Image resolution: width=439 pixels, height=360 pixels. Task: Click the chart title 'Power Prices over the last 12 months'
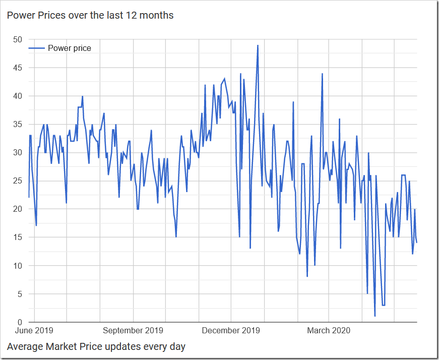(x=90, y=16)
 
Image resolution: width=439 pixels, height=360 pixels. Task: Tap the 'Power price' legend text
(x=70, y=48)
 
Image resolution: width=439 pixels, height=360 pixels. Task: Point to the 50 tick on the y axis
(x=17, y=39)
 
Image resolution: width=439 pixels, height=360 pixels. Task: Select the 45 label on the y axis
(x=17, y=68)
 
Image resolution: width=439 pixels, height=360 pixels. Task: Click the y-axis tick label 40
(x=17, y=96)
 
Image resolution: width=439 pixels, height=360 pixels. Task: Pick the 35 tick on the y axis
(x=17, y=124)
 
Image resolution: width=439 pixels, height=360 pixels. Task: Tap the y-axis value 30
(x=17, y=152)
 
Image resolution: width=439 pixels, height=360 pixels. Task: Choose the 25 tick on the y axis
(x=17, y=181)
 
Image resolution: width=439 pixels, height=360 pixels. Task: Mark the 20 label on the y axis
(x=17, y=209)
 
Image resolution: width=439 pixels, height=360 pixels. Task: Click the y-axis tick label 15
(x=17, y=237)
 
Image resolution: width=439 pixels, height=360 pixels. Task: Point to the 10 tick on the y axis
(x=17, y=266)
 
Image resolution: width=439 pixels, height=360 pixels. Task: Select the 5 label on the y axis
(x=19, y=294)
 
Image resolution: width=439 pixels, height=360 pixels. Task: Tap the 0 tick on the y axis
(x=19, y=322)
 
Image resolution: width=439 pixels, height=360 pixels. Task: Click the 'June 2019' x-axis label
(x=35, y=331)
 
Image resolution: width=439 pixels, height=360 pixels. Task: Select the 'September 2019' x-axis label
(x=133, y=331)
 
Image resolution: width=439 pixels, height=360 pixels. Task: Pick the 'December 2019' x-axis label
(x=231, y=331)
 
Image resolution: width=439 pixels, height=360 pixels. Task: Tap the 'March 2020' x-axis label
(x=329, y=331)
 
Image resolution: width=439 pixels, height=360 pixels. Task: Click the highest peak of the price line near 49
(x=258, y=45)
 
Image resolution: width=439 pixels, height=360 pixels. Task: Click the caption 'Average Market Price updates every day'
(x=96, y=347)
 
